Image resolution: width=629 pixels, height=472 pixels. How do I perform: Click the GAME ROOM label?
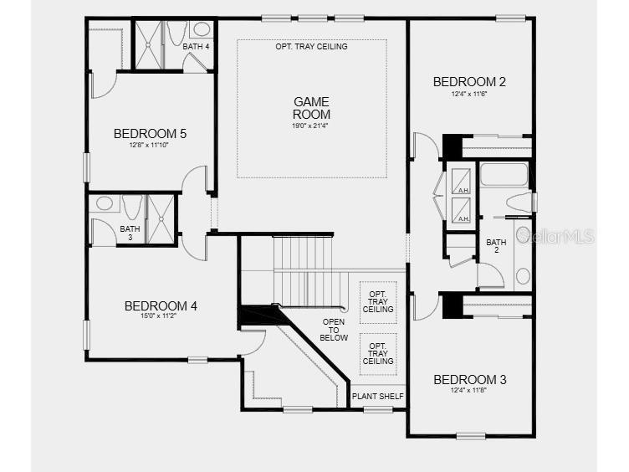click(x=311, y=108)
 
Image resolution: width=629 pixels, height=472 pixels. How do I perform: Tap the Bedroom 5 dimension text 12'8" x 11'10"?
click(x=148, y=145)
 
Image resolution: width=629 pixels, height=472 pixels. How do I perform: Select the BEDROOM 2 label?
click(x=469, y=82)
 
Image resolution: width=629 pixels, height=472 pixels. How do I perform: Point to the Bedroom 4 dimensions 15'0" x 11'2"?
click(x=159, y=316)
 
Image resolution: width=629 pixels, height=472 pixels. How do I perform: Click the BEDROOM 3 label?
click(x=470, y=380)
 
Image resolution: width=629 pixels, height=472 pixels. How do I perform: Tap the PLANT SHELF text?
click(x=378, y=397)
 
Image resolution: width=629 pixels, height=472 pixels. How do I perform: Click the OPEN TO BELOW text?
click(x=334, y=330)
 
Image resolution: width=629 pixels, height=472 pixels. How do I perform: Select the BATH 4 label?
click(x=196, y=47)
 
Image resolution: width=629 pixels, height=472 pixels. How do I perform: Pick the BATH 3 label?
click(x=130, y=233)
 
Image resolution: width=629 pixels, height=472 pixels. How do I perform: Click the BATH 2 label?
click(x=496, y=246)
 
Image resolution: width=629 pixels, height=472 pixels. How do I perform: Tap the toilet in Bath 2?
click(x=519, y=202)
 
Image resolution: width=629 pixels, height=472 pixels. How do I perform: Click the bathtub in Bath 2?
click(x=504, y=174)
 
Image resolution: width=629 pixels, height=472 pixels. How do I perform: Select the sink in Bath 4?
click(x=202, y=29)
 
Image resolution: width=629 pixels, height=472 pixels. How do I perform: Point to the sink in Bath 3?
click(x=105, y=203)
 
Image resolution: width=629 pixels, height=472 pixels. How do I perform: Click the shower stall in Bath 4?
click(x=148, y=45)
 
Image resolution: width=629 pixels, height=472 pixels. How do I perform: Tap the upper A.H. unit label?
click(x=463, y=190)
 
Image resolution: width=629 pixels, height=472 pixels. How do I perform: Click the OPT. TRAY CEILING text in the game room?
click(x=311, y=47)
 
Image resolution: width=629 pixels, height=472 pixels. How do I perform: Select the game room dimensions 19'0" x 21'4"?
click(x=310, y=126)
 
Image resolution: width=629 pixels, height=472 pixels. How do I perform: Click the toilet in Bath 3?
click(x=132, y=207)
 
